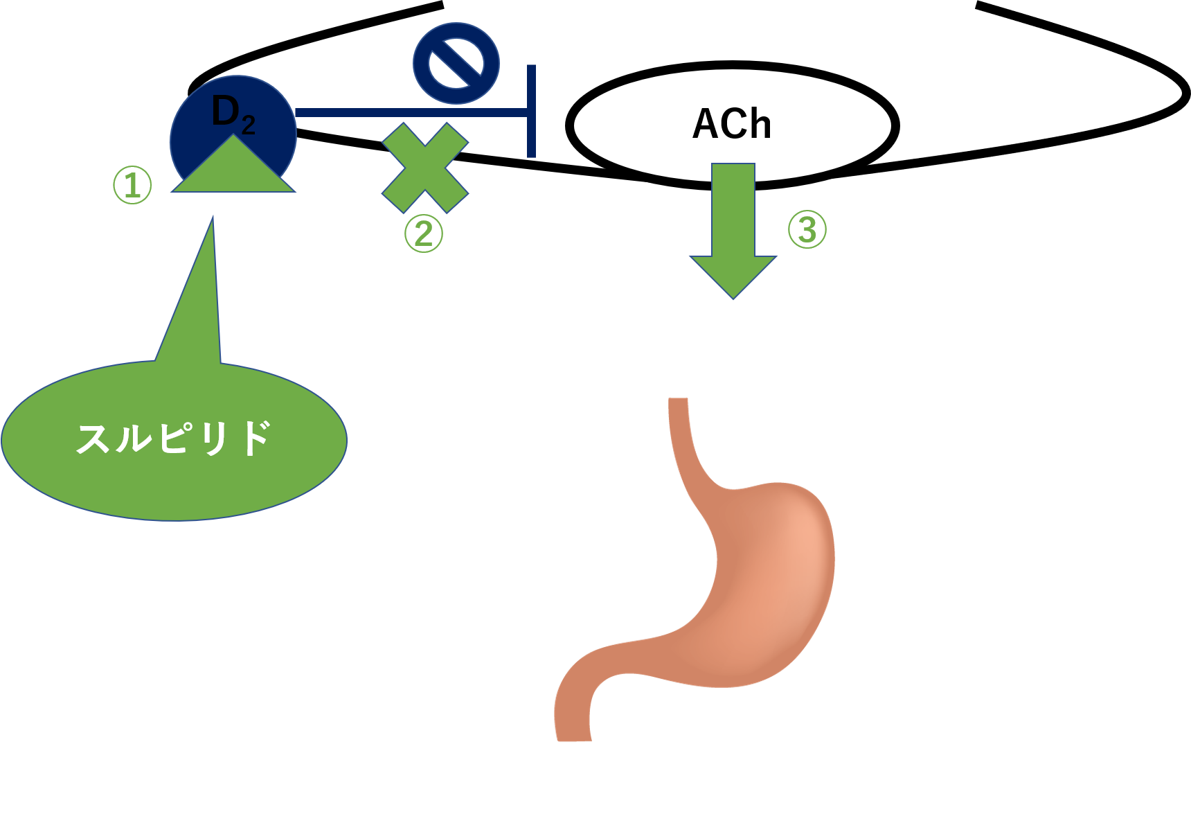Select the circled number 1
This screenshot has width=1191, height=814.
tap(132, 185)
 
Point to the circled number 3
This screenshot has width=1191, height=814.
tap(807, 229)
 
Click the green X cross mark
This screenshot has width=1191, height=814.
tap(425, 168)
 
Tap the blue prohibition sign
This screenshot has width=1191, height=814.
tap(456, 63)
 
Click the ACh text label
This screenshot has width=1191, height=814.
tap(732, 125)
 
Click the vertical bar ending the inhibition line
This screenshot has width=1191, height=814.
tap(531, 111)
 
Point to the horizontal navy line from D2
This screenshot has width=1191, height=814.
tap(409, 112)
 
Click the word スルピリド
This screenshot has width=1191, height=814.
tap(173, 439)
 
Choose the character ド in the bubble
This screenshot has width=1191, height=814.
tap(253, 439)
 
